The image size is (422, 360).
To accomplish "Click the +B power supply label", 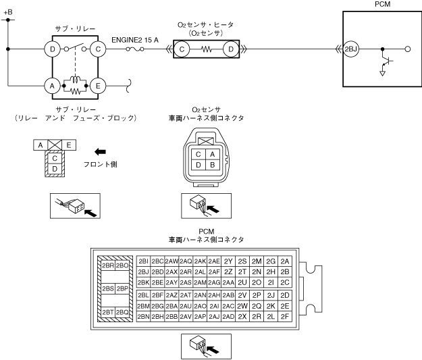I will pyautogui.click(x=8, y=11).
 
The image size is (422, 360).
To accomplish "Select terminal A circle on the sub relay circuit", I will pyautogui.click(x=50, y=86).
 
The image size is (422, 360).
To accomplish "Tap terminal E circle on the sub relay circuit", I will pyautogui.click(x=99, y=86).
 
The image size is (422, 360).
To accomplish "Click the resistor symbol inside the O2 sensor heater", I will pyautogui.click(x=207, y=49).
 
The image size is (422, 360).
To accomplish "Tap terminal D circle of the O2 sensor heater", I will pyautogui.click(x=231, y=49).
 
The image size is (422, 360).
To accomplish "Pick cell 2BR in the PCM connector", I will pyautogui.click(x=107, y=265).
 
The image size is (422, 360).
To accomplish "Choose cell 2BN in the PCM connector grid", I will pyautogui.click(x=142, y=315).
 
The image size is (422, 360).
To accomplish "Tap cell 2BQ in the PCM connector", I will pyautogui.click(x=122, y=312).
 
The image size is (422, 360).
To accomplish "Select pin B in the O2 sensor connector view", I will pyautogui.click(x=213, y=165).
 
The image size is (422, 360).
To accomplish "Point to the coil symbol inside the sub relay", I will pyautogui.click(x=74, y=80).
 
